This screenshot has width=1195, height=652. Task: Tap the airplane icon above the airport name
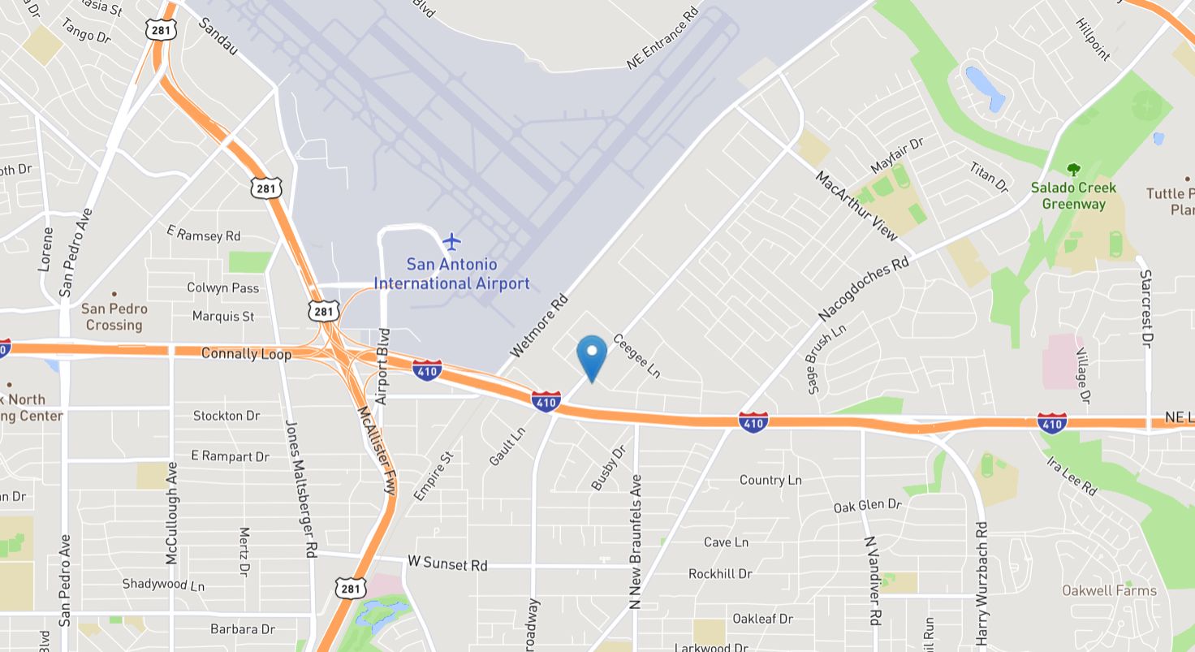point(451,241)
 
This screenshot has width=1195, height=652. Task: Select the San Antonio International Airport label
point(451,274)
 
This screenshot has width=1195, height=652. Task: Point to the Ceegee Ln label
point(636,356)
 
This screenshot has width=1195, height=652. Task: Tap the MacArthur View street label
point(857,205)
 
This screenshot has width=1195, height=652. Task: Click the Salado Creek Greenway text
point(1073,196)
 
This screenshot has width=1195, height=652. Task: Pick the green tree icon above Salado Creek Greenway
point(1073,170)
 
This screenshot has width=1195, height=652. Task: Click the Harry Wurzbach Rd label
point(981,583)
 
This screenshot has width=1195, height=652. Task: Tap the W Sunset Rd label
point(447,563)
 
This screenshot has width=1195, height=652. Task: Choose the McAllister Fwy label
point(377,450)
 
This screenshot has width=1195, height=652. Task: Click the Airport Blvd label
point(384,366)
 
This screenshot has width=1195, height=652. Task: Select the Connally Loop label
point(246,354)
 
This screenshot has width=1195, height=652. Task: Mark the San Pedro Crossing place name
point(114,317)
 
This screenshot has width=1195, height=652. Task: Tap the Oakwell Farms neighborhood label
point(1109,590)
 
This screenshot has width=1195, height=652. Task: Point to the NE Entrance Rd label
point(662,39)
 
